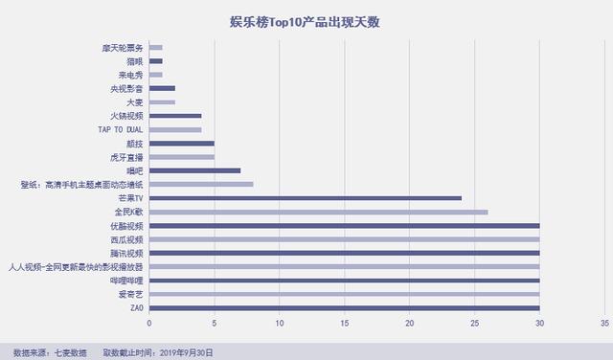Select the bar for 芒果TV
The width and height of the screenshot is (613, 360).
pyautogui.click(x=306, y=198)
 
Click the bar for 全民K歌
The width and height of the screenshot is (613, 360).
pyautogui.click(x=319, y=212)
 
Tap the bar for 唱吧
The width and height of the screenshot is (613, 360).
pyautogui.click(x=195, y=170)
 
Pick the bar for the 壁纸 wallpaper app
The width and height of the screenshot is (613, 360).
pyautogui.click(x=201, y=184)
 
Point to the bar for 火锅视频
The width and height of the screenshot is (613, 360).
pyautogui.click(x=175, y=115)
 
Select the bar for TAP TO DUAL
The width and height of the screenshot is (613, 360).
pyautogui.click(x=175, y=129)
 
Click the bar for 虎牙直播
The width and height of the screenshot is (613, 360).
pyautogui.click(x=182, y=156)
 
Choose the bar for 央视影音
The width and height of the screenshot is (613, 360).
pyautogui.click(x=162, y=88)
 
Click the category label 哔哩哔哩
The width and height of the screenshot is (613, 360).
pyautogui.click(x=126, y=281)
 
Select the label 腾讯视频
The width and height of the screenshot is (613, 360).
pyautogui.click(x=126, y=253)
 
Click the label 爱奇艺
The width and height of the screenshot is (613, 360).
pyautogui.click(x=130, y=295)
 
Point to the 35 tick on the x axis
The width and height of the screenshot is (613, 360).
pyautogui.click(x=604, y=324)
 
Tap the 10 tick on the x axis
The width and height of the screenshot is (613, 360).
pyautogui.click(x=279, y=324)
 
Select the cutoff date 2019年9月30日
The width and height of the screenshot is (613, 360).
pyautogui.click(x=186, y=352)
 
